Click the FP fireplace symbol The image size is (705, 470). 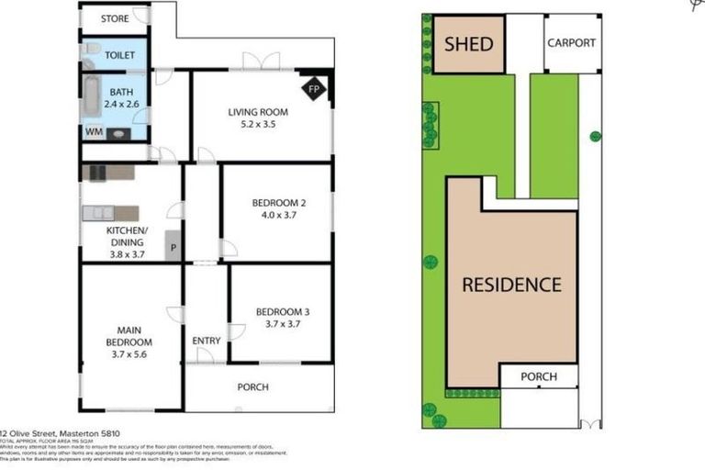click(x=313, y=89)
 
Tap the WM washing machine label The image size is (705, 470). click(x=93, y=132)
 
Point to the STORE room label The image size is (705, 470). click(x=115, y=18)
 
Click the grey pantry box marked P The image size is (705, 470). click(x=173, y=245)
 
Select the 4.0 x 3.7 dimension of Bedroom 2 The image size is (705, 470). click(x=279, y=215)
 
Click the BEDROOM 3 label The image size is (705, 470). click(x=280, y=309)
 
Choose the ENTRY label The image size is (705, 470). click(x=207, y=341)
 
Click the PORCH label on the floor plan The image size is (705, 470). click(x=253, y=387)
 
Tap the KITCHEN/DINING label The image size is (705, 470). click(x=125, y=236)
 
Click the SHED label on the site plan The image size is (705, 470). click(x=468, y=44)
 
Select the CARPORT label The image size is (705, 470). click(x=571, y=43)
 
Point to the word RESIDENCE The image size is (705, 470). click(x=511, y=284)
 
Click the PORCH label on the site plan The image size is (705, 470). click(x=539, y=376)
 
